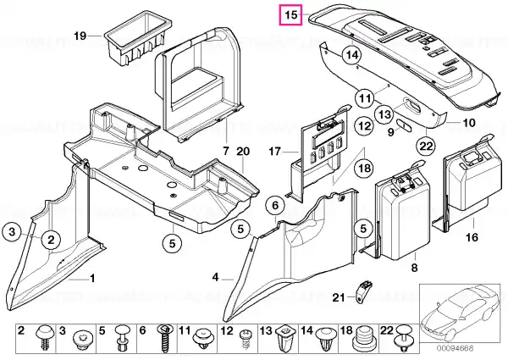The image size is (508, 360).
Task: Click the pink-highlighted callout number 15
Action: [x=291, y=15]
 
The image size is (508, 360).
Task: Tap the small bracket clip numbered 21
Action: [x=363, y=292]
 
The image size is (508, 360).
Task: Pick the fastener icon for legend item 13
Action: [x=285, y=340]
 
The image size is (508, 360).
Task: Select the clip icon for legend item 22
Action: [x=403, y=340]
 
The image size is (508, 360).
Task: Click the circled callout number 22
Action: [x=426, y=147]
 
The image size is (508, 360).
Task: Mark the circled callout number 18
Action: [x=364, y=169]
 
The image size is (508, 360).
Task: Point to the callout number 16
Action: [x=472, y=237]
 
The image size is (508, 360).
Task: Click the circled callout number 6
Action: [x=275, y=205]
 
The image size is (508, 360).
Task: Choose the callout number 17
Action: [x=274, y=152]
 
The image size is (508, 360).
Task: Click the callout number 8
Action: [x=414, y=268]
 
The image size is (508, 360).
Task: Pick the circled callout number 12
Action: [x=364, y=125]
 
